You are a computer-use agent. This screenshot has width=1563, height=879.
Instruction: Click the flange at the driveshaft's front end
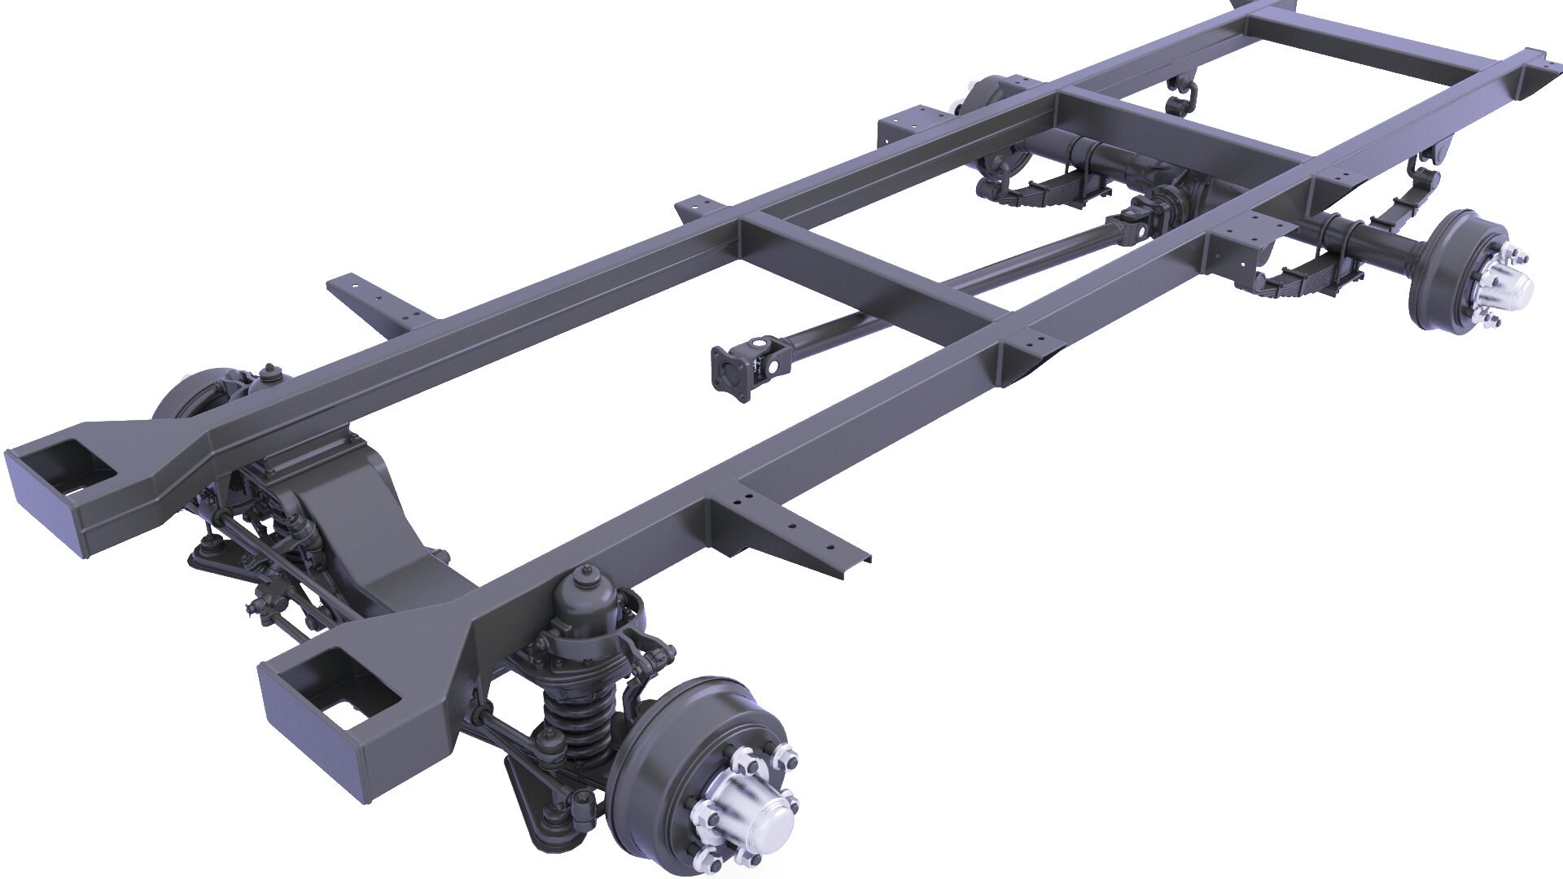[728, 373]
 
